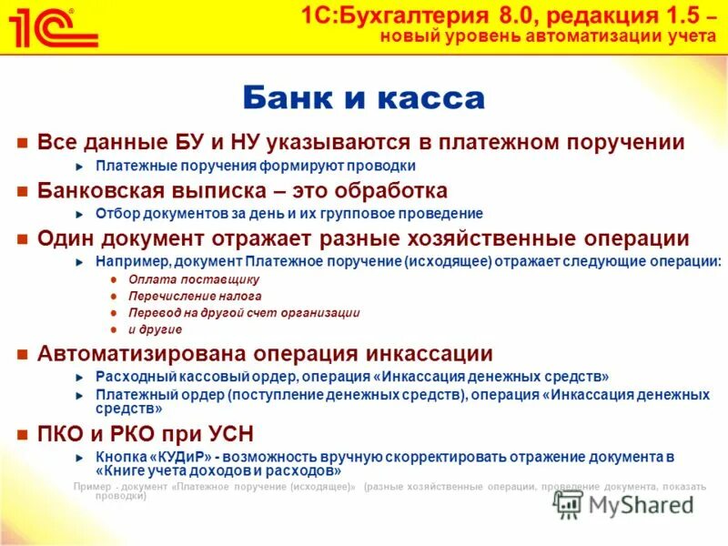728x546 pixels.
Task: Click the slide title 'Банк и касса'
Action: click(363, 97)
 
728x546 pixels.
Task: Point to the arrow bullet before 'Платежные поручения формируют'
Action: click(79, 167)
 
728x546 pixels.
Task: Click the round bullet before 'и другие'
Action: click(114, 329)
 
